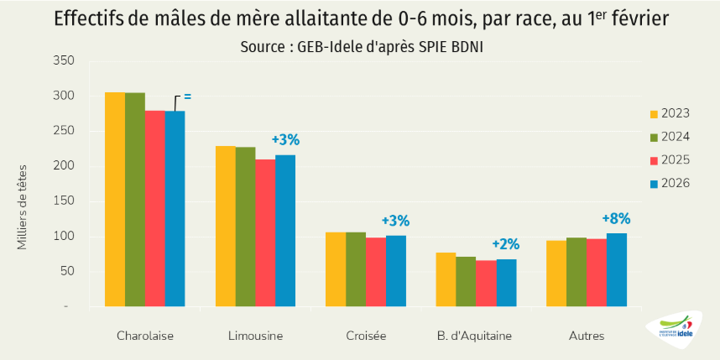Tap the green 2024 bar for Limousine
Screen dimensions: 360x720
(x=245, y=227)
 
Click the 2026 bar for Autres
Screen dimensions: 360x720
(x=617, y=269)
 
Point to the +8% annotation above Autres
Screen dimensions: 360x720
(x=616, y=219)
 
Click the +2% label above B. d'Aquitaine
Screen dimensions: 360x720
(x=505, y=244)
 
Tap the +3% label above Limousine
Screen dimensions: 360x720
(x=285, y=139)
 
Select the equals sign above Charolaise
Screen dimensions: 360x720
(x=187, y=97)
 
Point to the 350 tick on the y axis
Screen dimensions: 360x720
(x=64, y=60)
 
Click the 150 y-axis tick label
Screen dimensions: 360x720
(x=64, y=201)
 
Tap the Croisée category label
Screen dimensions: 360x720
(x=366, y=336)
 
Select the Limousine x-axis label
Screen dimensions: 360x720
(x=255, y=336)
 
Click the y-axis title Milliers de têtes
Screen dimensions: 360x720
(x=23, y=206)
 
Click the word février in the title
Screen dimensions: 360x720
(x=636, y=19)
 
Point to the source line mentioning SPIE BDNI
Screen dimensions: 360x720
(x=361, y=47)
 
